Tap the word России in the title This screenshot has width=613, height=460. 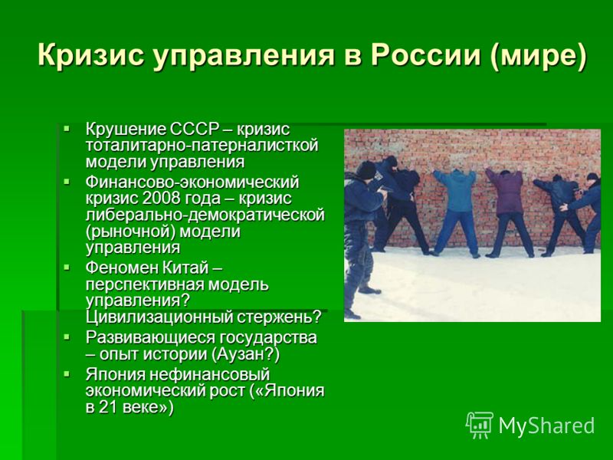[x=425, y=54]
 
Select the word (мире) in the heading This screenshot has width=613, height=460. [x=539, y=55]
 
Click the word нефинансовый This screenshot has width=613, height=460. [x=210, y=375]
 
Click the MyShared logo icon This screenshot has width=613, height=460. [x=480, y=426]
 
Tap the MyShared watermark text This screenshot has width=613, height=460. [x=546, y=426]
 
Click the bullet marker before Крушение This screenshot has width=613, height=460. [x=67, y=128]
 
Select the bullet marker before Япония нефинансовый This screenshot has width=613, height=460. [x=67, y=374]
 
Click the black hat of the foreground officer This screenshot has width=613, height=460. [x=366, y=170]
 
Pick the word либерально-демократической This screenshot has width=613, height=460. [x=205, y=215]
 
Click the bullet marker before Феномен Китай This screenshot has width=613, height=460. [x=67, y=267]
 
